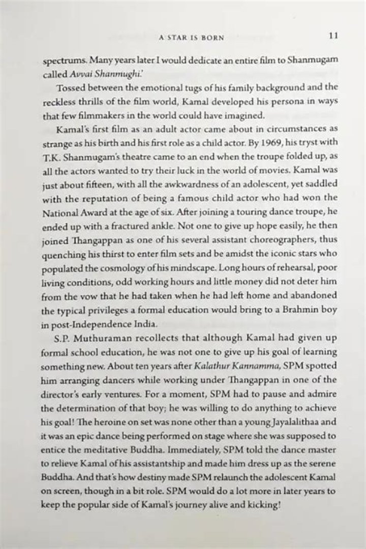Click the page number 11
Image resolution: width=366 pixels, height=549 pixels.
click(333, 36)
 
